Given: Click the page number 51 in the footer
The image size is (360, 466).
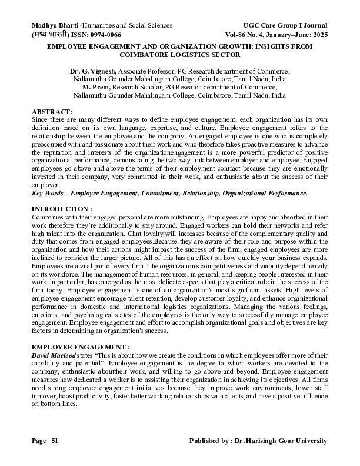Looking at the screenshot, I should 54,441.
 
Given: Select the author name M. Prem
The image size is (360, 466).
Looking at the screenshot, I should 89,87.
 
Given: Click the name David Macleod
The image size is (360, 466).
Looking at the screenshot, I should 54,356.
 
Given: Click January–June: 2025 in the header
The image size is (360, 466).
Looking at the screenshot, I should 301,35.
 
